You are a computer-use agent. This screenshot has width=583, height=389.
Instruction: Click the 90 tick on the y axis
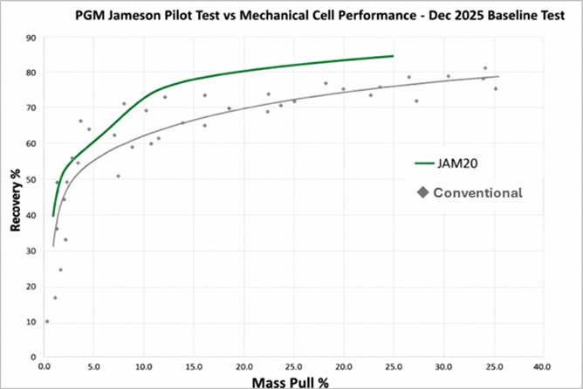pyautogui.click(x=31, y=38)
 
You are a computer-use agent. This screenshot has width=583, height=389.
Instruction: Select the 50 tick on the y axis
pyautogui.click(x=31, y=179)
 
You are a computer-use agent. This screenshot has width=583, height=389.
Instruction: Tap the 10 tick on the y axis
pyautogui.click(x=31, y=322)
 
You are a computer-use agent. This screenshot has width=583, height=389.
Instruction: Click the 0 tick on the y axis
pyautogui.click(x=33, y=358)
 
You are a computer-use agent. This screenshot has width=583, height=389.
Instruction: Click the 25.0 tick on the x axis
pyautogui.click(x=293, y=366)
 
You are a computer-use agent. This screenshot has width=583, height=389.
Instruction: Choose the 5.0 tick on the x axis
pyautogui.click(x=94, y=366)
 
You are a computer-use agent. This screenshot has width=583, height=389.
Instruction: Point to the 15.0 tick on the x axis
pyautogui.click(x=194, y=366)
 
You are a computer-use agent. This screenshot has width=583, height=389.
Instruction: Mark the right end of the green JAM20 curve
pyautogui.click(x=393, y=56)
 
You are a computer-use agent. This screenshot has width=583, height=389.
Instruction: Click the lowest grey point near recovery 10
pyautogui.click(x=47, y=322)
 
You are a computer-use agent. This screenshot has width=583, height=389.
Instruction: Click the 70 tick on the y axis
pyautogui.click(x=31, y=108)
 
